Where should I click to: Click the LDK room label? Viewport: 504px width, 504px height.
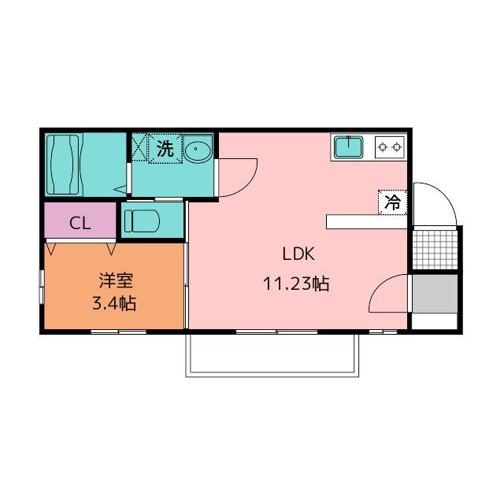point(298,254)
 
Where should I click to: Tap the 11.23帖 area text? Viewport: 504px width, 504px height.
point(296,283)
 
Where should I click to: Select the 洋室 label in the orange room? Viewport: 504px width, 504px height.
point(116,280)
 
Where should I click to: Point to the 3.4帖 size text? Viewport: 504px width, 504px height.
point(114,303)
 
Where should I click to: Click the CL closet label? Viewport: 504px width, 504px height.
point(80,223)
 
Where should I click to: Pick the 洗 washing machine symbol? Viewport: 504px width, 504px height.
point(165,148)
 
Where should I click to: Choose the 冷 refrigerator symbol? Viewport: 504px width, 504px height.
point(392,202)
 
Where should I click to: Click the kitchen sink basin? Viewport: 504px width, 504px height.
point(348,147)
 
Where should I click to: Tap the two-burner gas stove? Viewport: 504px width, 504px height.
point(390,147)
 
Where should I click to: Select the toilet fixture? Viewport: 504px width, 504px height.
point(142,220)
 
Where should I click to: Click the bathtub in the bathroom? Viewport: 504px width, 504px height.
point(64,165)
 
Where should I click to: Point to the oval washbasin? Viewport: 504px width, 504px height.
point(197,149)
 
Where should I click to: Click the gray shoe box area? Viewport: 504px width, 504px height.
point(435,294)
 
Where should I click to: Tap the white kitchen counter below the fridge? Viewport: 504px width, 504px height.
point(367,222)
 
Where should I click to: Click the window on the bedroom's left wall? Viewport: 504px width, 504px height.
point(41,287)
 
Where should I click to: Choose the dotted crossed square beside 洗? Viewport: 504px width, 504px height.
point(139,147)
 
